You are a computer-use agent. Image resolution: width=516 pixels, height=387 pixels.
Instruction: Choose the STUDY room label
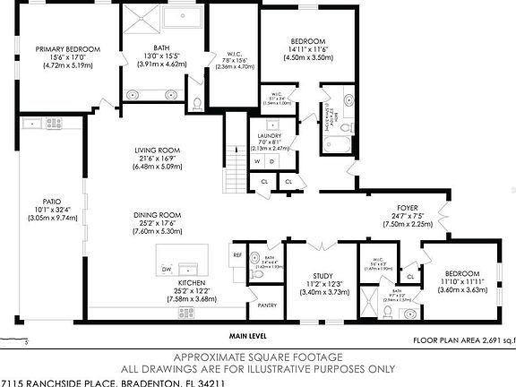(322, 275)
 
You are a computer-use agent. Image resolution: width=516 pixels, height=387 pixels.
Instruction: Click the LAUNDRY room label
(270, 135)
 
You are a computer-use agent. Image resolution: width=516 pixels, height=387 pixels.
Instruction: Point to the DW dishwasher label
(167, 268)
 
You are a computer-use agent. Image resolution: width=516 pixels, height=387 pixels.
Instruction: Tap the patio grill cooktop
(54, 124)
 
